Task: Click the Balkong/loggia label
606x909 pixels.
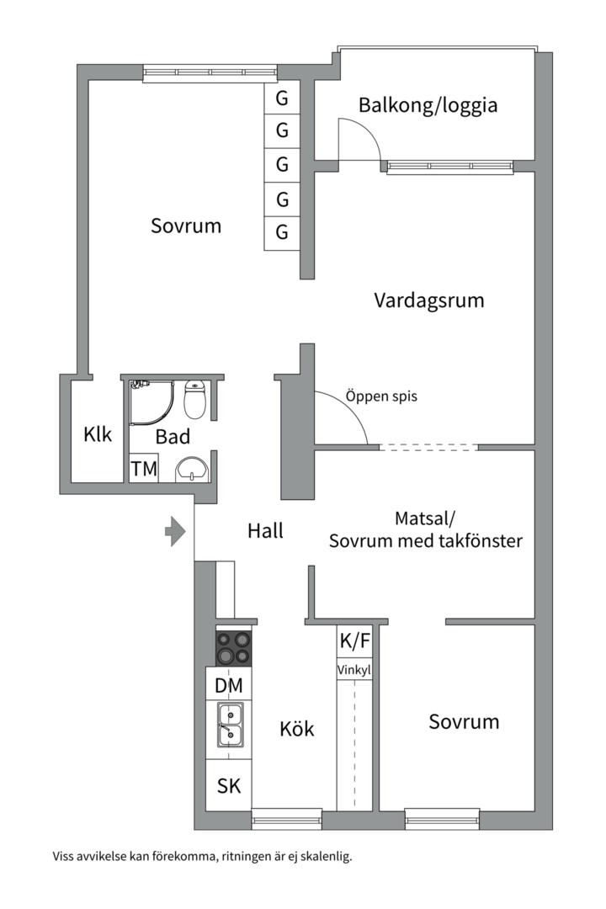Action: click(x=428, y=105)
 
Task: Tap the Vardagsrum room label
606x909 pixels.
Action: click(x=429, y=300)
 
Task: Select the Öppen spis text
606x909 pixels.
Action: click(x=380, y=396)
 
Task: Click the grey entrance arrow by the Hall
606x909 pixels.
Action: click(x=174, y=531)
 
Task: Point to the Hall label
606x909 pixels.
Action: click(x=265, y=531)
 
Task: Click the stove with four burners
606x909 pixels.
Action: click(x=234, y=647)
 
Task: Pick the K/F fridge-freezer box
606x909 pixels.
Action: click(x=354, y=641)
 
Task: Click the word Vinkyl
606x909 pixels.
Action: click(x=354, y=671)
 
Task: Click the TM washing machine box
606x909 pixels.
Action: click(x=144, y=469)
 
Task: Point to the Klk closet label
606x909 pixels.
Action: click(x=98, y=434)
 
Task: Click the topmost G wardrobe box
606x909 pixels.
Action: click(x=282, y=98)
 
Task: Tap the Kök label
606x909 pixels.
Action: click(x=297, y=728)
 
